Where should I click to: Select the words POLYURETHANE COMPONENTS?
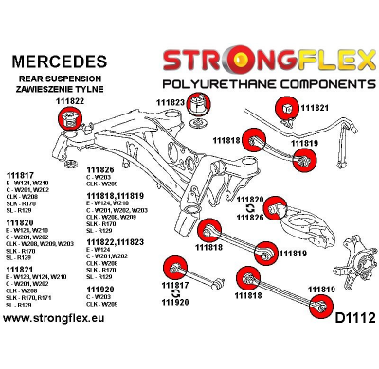267,83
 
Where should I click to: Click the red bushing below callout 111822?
68,119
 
